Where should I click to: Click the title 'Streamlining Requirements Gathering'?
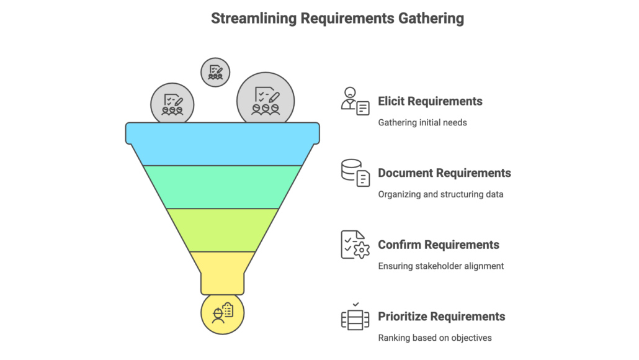tap(337, 18)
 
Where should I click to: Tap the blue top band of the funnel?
tap(223, 143)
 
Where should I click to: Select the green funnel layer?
tap(223, 186)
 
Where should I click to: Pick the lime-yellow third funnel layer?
tap(223, 229)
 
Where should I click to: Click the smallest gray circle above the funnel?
tap(215, 72)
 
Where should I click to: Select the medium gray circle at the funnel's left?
tap(172, 104)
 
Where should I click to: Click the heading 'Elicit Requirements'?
tap(430, 101)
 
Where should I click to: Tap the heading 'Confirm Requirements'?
tap(438, 245)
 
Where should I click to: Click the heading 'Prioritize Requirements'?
tap(441, 317)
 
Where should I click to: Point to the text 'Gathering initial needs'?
tap(422, 123)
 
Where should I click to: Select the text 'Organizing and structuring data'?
tap(440, 194)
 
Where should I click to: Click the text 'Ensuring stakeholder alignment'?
tap(440, 266)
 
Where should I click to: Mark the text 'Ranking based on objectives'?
tap(434, 338)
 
